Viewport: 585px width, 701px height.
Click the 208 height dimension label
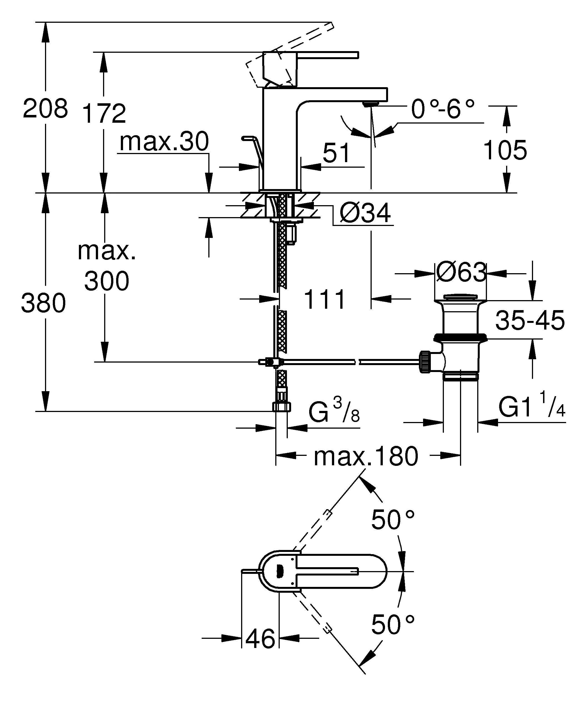(x=45, y=109)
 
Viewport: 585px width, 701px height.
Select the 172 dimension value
(x=104, y=114)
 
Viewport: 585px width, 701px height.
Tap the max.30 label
(x=164, y=142)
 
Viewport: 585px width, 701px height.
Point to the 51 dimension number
(x=336, y=153)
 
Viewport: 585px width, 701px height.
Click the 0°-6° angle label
(x=443, y=109)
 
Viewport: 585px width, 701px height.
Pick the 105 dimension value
(x=505, y=150)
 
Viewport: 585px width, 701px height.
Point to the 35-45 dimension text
(x=529, y=320)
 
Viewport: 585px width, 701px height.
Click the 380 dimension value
(x=43, y=303)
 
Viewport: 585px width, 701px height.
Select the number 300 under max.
(x=106, y=281)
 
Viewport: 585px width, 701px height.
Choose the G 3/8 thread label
(x=334, y=412)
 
